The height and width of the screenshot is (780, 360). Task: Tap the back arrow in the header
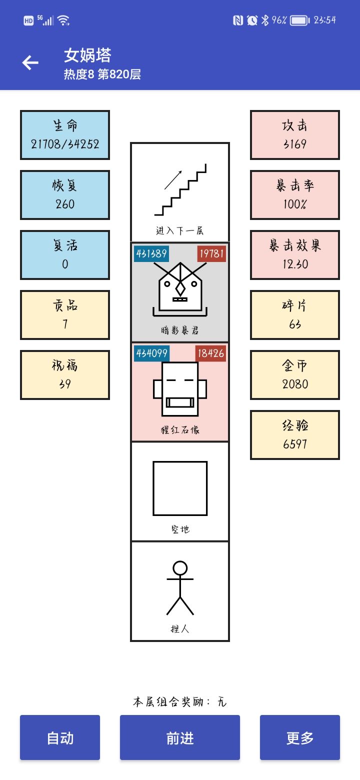point(30,62)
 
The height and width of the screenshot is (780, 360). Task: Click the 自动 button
point(60,737)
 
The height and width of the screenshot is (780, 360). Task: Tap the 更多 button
point(300,737)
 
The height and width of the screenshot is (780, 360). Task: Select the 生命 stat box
point(65,135)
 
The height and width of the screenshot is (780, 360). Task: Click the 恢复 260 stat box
point(65,195)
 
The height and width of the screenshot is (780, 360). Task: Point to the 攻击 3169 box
point(295,135)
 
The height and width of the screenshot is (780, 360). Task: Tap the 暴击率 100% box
point(295,195)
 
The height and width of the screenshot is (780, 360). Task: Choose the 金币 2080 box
point(295,375)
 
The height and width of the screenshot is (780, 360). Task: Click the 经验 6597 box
point(295,435)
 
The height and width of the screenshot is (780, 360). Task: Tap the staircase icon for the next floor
point(180,190)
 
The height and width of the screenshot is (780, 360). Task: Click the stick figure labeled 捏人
point(180,588)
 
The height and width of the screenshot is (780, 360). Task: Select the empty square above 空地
point(180,488)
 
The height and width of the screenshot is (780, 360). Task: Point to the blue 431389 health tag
point(151,253)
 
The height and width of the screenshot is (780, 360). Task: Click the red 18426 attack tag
point(210,353)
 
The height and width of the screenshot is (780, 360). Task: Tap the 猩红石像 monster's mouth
point(180,402)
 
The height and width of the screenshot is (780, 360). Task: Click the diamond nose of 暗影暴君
point(180,289)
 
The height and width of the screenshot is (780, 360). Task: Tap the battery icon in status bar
point(300,20)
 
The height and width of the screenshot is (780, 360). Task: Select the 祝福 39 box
point(65,375)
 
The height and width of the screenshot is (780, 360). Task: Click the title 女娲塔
point(87,55)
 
